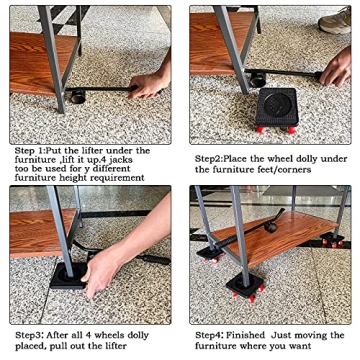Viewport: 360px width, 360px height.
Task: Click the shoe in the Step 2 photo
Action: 335,20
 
